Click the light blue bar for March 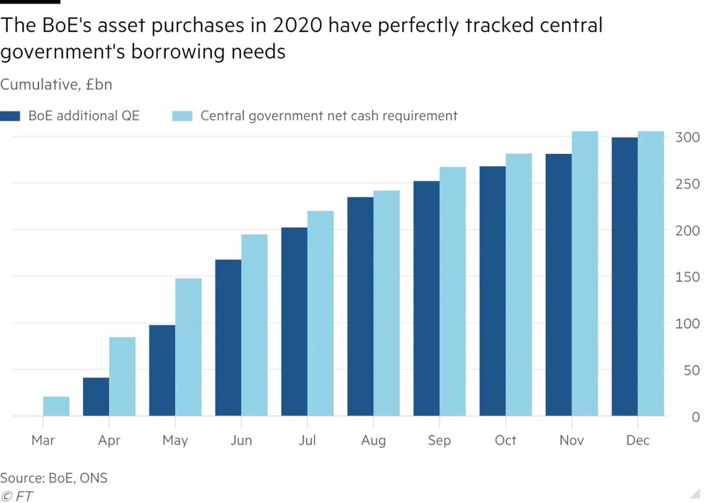(x=56, y=406)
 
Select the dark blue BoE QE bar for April (x=96, y=397)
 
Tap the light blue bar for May (x=188, y=347)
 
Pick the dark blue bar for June (x=228, y=337)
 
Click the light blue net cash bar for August (x=387, y=303)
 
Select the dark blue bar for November (x=559, y=285)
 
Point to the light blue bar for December (x=651, y=274)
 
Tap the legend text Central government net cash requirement (x=328, y=116)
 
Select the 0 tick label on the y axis (x=694, y=417)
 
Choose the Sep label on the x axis (x=439, y=440)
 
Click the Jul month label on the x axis (x=307, y=440)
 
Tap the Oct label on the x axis (x=505, y=440)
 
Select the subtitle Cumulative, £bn (x=56, y=85)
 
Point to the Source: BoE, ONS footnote (x=54, y=478)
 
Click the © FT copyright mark (x=16, y=496)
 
